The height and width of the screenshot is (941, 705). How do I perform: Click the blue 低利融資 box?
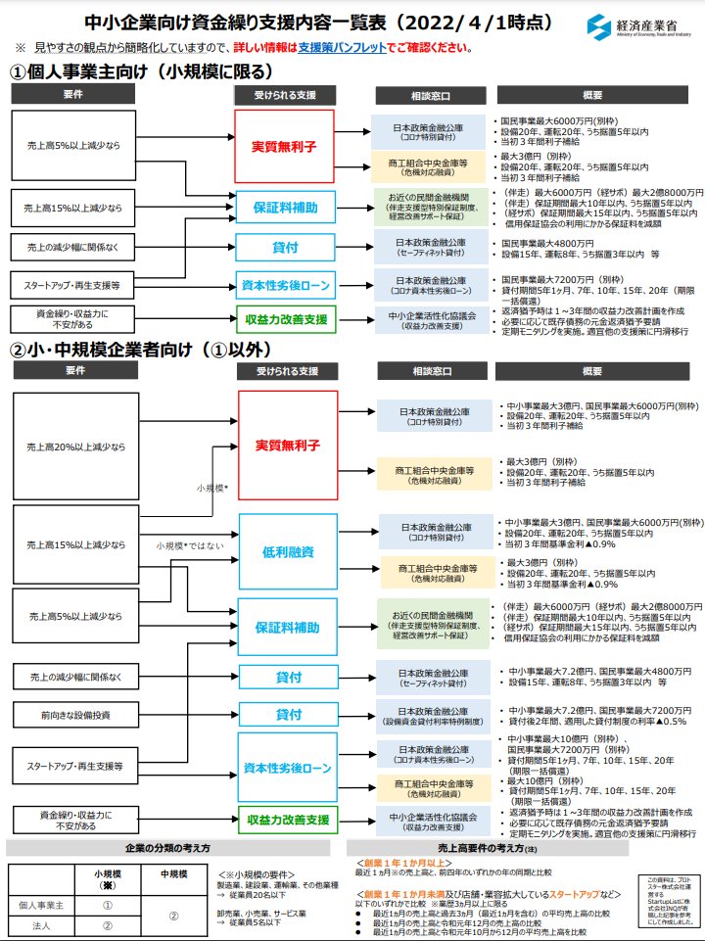click(x=287, y=553)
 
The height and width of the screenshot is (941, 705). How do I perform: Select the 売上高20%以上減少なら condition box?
click(x=76, y=447)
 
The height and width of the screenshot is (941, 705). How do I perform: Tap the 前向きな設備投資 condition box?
click(x=76, y=714)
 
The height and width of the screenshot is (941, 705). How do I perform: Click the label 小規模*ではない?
click(x=190, y=545)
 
